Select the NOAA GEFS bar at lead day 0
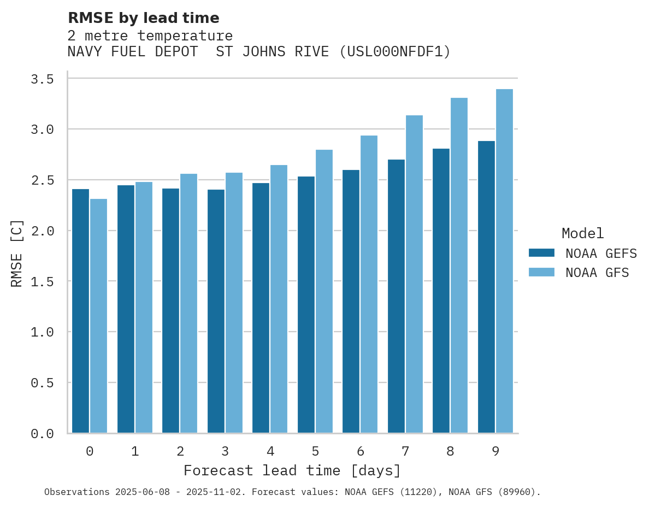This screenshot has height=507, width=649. [80, 311]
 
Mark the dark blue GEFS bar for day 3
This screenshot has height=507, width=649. [216, 311]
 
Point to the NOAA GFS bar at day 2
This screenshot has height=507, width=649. [188, 303]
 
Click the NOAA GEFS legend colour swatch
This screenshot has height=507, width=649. [541, 253]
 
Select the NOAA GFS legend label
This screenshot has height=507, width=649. [597, 273]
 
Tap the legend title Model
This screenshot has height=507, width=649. [582, 233]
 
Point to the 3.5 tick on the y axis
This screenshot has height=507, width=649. [43, 79]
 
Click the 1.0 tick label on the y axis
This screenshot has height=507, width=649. [43, 332]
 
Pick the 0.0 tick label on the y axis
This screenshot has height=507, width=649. [43, 434]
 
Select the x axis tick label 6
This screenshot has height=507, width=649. [361, 451]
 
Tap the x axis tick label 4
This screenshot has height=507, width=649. [270, 451]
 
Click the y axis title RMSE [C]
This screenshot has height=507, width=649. [17, 253]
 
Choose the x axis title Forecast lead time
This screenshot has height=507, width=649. [292, 470]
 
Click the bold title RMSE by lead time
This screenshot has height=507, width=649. [144, 18]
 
